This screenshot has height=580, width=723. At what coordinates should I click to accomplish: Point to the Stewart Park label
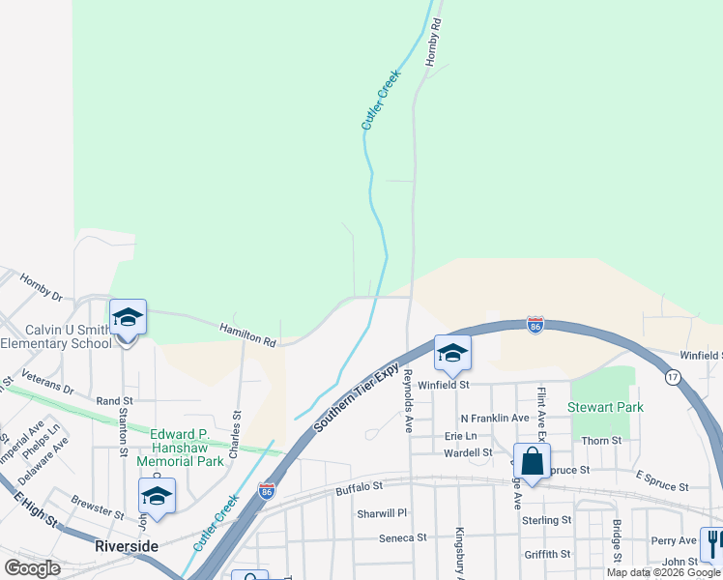pyautogui.click(x=606, y=407)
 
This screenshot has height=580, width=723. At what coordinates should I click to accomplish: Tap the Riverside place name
pyautogui.click(x=126, y=546)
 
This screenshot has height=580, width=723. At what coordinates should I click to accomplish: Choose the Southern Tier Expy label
pyautogui.click(x=356, y=397)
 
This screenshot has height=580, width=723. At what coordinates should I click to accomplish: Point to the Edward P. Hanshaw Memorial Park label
pyautogui.click(x=188, y=448)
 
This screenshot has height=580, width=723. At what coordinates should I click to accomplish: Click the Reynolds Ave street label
pyautogui.click(x=409, y=399)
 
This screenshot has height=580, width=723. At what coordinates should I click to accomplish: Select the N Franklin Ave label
pyautogui.click(x=494, y=418)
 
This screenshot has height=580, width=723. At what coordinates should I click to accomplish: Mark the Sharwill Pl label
pyautogui.click(x=383, y=513)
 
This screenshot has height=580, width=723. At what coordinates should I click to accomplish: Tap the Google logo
pyautogui.click(x=32, y=567)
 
